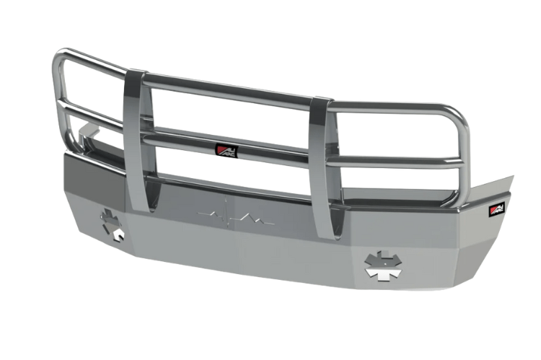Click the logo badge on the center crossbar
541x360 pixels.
click(226, 151)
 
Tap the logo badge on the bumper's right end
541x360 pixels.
click(497, 208)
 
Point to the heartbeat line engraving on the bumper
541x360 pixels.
click(234, 215)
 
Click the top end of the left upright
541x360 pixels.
click(135, 75)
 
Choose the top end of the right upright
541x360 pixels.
click(322, 101)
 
